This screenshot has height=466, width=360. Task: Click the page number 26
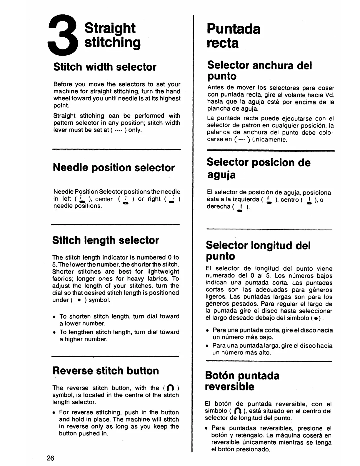[51, 458]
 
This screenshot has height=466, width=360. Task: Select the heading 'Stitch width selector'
[105, 67]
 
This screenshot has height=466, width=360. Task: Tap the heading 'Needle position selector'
[114, 167]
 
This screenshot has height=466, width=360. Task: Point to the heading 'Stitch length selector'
[106, 240]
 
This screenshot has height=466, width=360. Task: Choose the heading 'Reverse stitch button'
[106, 371]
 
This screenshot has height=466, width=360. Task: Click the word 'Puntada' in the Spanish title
[234, 29]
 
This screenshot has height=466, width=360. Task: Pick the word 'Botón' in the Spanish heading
[220, 376]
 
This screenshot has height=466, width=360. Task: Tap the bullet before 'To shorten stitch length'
[54, 317]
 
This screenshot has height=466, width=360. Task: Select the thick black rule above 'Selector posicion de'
[271, 150]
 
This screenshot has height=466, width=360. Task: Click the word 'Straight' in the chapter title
[110, 28]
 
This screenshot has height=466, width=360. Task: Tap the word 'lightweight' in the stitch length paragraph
[163, 272]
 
